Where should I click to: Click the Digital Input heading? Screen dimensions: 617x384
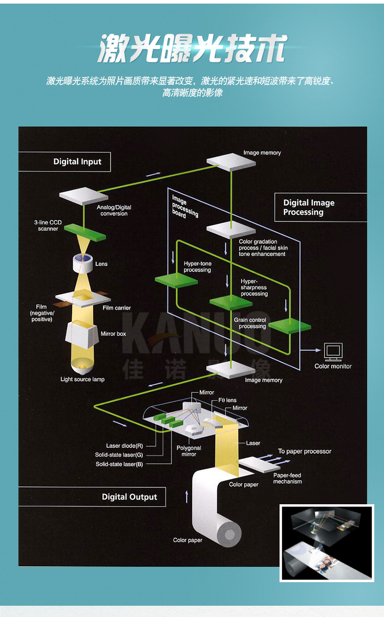click(77, 161)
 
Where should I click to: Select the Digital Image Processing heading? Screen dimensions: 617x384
click(309, 208)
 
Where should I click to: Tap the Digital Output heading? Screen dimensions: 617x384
click(129, 497)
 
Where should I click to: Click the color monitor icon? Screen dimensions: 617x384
click(333, 352)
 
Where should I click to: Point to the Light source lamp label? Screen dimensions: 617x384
click(82, 379)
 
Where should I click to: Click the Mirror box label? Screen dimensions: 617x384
click(113, 334)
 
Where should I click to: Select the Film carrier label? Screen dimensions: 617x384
click(117, 308)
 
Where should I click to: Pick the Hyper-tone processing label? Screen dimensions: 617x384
click(197, 267)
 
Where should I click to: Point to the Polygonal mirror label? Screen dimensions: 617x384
click(189, 451)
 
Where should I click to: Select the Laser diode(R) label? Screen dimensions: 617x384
click(124, 446)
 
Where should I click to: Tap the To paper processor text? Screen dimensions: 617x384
click(305, 451)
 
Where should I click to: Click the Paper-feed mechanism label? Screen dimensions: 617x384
click(287, 478)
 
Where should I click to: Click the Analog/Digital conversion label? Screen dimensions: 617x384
click(114, 210)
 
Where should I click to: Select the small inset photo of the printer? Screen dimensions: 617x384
click(327, 543)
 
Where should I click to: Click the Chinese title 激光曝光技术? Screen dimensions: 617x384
click(192, 50)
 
